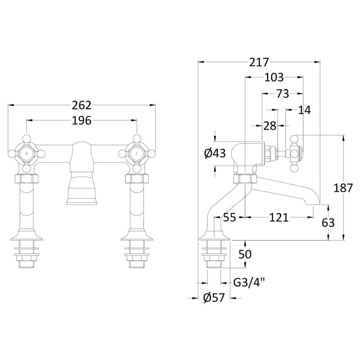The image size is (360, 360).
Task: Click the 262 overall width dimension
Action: (x=82, y=105)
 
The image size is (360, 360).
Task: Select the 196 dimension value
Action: (x=82, y=121)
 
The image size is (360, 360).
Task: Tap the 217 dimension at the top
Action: (x=259, y=62)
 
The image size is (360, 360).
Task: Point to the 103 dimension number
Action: (x=274, y=77)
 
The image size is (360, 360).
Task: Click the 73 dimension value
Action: (x=283, y=94)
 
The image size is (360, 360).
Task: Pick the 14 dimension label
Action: (x=305, y=110)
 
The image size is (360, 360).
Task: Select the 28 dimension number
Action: (x=270, y=126)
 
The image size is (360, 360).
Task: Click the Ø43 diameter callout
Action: (x=215, y=153)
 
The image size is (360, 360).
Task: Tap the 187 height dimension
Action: (x=343, y=188)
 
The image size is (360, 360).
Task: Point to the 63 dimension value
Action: (x=328, y=222)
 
